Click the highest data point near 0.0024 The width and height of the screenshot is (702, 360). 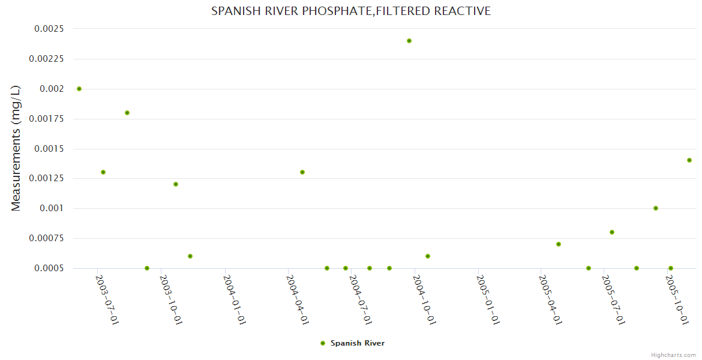409,41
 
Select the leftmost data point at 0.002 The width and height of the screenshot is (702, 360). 79,89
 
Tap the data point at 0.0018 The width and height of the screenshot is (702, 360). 127,113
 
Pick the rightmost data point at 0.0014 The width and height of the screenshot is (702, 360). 689,160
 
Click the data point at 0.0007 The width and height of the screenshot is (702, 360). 559,244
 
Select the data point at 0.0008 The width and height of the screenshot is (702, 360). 612,232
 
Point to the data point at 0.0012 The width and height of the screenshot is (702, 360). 176,184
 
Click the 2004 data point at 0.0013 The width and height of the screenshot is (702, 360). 302,172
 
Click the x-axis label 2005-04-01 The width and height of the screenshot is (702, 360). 551,299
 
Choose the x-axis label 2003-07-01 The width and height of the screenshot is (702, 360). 108,299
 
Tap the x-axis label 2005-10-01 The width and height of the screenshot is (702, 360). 677,299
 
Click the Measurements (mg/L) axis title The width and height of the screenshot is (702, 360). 16,148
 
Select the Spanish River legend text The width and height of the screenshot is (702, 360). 358,343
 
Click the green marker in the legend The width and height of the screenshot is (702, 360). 323,343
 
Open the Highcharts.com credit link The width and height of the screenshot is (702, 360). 673,355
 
